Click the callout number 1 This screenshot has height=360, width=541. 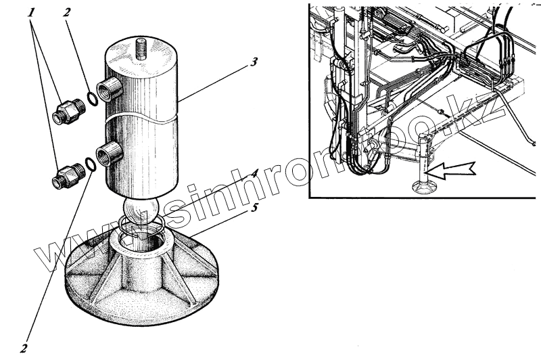(31, 13)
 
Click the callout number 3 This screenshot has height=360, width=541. (253, 62)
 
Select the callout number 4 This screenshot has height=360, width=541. (254, 173)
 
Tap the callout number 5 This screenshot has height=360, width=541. (254, 208)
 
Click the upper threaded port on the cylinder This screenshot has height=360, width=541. (110, 89)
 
